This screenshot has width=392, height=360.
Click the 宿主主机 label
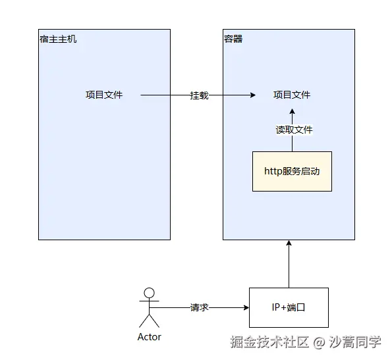click(x=58, y=39)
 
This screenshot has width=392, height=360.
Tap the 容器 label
click(x=233, y=39)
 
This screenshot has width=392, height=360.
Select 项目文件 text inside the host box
click(x=104, y=95)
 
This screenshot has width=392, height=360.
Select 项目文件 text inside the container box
click(x=292, y=95)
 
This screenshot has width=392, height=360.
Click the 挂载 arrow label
click(x=199, y=95)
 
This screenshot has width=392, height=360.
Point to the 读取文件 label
click(x=294, y=130)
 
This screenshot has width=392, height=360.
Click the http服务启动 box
click(x=292, y=171)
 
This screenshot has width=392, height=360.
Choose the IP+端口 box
click(x=289, y=307)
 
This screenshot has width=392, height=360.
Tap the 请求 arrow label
click(x=199, y=307)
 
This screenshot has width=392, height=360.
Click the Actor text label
click(x=150, y=337)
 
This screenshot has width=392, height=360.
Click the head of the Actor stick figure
click(x=150, y=294)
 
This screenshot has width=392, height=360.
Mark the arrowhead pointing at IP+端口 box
click(x=245, y=307)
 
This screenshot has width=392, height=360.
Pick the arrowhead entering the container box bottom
click(x=289, y=244)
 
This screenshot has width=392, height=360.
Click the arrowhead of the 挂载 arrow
click(x=252, y=95)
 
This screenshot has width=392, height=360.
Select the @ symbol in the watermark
click(x=319, y=343)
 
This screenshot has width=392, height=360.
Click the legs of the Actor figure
click(x=150, y=321)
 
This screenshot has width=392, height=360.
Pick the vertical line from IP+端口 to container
click(x=289, y=267)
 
